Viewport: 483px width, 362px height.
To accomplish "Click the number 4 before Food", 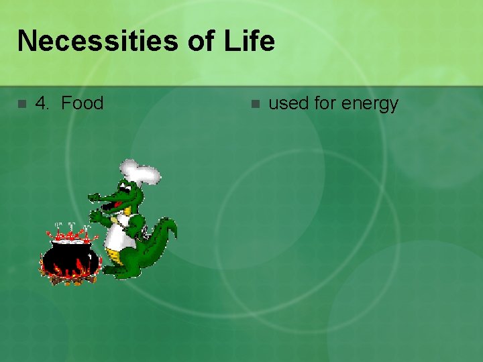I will click(x=42, y=103).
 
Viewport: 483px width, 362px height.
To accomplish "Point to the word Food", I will click(x=82, y=103).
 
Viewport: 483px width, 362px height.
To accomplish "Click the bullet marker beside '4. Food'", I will click(x=21, y=104).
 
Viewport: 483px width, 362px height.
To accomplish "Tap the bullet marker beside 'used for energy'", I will click(x=254, y=104).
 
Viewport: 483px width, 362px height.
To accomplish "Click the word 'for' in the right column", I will click(x=327, y=104).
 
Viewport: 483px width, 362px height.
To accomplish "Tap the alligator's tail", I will click(x=165, y=235).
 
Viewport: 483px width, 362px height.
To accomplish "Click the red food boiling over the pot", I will click(x=70, y=235).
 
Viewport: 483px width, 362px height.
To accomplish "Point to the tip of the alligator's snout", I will click(x=93, y=197).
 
